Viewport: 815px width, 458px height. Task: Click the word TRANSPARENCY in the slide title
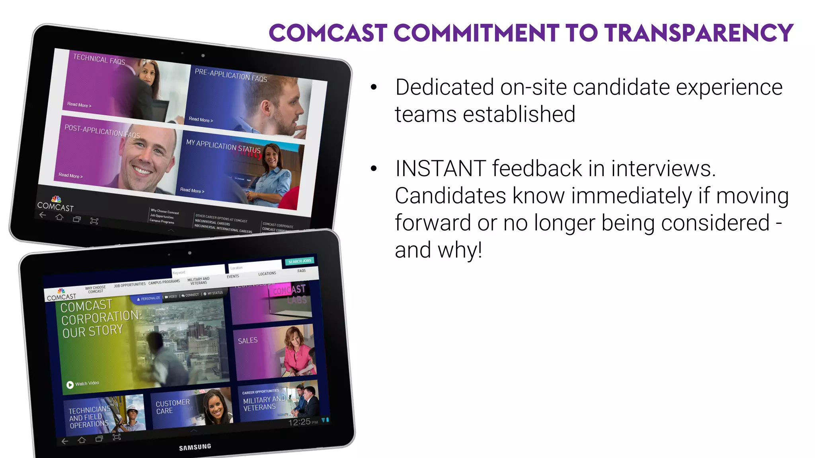coord(698,33)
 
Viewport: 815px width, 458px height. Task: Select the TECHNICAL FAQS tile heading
coord(99,59)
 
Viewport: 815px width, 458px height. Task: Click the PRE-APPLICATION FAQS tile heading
coord(231,75)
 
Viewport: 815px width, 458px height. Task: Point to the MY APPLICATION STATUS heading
coord(223,146)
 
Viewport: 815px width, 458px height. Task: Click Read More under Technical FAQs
coord(79,105)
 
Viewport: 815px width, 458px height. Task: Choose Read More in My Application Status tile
coord(192,190)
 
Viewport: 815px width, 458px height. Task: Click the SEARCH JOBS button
coord(300,261)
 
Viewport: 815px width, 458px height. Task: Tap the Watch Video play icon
coord(70,384)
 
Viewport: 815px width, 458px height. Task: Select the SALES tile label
coord(248,341)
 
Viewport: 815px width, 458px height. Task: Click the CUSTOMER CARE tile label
coord(172,407)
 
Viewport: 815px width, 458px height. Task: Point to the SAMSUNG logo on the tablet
coord(195,447)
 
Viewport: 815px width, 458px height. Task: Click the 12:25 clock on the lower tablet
coord(300,422)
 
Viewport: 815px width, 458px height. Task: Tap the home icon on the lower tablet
coord(82,440)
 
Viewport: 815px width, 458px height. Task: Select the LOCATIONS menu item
coord(267,274)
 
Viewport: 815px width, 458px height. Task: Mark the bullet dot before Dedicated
coord(373,87)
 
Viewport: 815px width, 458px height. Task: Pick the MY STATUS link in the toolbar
coord(214,293)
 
